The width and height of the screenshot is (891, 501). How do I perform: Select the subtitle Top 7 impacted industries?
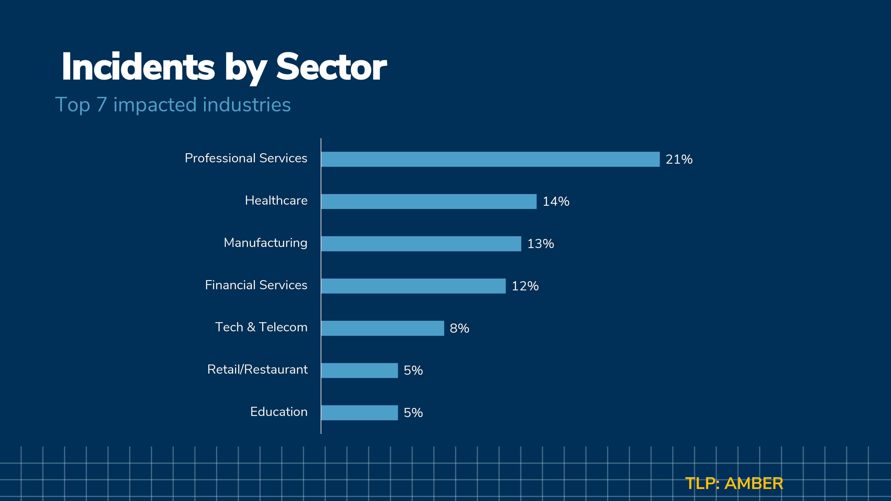point(173,104)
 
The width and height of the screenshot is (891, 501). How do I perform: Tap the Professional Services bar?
point(490,159)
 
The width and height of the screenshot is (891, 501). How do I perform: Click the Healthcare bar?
point(429,202)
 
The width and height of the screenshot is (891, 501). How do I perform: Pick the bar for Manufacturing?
point(421,244)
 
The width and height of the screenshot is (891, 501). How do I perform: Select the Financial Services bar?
point(413,286)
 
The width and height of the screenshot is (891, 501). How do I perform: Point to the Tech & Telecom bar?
point(382,328)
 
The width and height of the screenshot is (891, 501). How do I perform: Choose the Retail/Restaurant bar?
point(359,370)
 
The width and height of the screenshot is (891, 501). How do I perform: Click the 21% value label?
point(679,159)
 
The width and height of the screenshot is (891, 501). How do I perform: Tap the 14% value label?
point(556,202)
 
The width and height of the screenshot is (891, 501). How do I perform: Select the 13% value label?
point(541,244)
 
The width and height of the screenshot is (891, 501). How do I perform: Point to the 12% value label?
point(525,286)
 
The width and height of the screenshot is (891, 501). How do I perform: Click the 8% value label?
point(459,328)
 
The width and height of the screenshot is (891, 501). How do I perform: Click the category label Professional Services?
point(246,158)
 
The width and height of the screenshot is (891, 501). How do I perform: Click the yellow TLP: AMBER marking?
point(734,483)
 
